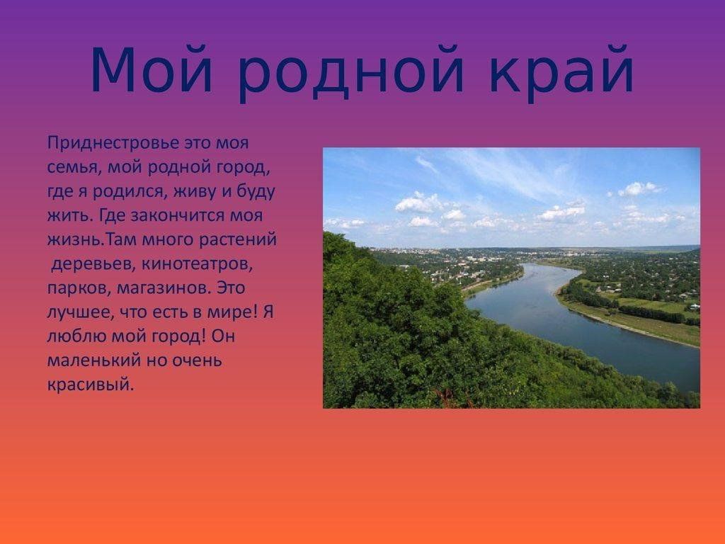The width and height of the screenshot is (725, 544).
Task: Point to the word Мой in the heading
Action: [152, 69]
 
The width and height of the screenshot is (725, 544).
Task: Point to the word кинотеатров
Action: [198, 265]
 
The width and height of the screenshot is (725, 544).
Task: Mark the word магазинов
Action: [164, 289]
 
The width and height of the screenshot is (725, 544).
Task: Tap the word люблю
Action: [76, 336]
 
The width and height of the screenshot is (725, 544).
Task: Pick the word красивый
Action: [90, 385]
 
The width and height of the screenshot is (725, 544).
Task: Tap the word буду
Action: [255, 192]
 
